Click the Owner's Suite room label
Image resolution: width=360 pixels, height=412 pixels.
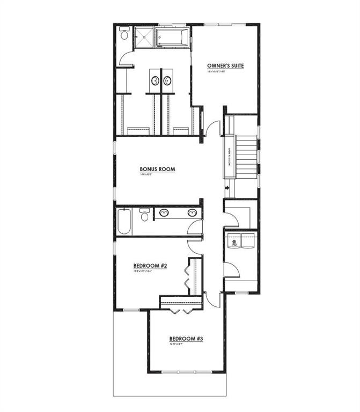tap(226, 66)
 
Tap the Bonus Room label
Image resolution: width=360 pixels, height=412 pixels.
tap(158, 169)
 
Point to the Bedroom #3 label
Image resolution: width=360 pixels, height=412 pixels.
tap(186, 339)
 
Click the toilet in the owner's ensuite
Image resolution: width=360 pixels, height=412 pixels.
tap(124, 35)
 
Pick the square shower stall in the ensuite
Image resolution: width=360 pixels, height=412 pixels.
tap(143, 38)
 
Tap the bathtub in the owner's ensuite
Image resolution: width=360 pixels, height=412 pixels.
tap(172, 38)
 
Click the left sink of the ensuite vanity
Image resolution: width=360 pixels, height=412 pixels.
tap(155, 81)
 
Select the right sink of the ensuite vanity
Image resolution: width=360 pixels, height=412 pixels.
tap(167, 81)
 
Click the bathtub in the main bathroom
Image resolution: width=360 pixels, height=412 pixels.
tap(123, 222)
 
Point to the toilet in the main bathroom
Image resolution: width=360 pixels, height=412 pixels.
tap(144, 215)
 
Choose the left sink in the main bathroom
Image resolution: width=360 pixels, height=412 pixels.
tap(164, 213)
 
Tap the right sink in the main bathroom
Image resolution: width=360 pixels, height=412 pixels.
tap(192, 213)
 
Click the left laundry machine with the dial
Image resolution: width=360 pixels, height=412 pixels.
tap(234, 241)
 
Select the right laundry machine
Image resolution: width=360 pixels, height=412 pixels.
tap(249, 241)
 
